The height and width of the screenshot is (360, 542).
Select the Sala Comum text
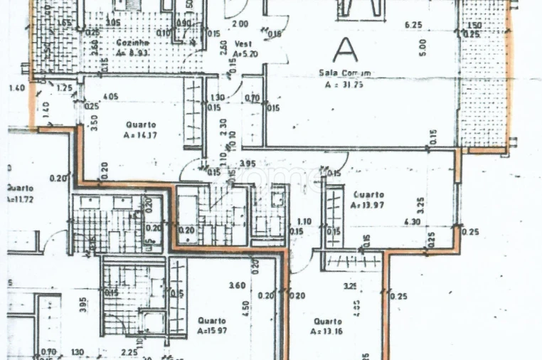(344, 73)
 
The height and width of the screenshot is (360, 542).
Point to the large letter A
(346, 49)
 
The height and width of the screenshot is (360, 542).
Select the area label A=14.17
(139, 134)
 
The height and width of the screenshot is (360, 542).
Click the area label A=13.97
(367, 205)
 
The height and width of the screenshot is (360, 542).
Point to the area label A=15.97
(213, 331)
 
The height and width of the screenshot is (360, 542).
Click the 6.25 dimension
(413, 24)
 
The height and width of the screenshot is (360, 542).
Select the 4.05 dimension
(110, 97)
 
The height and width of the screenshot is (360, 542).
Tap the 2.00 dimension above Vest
(240, 23)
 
